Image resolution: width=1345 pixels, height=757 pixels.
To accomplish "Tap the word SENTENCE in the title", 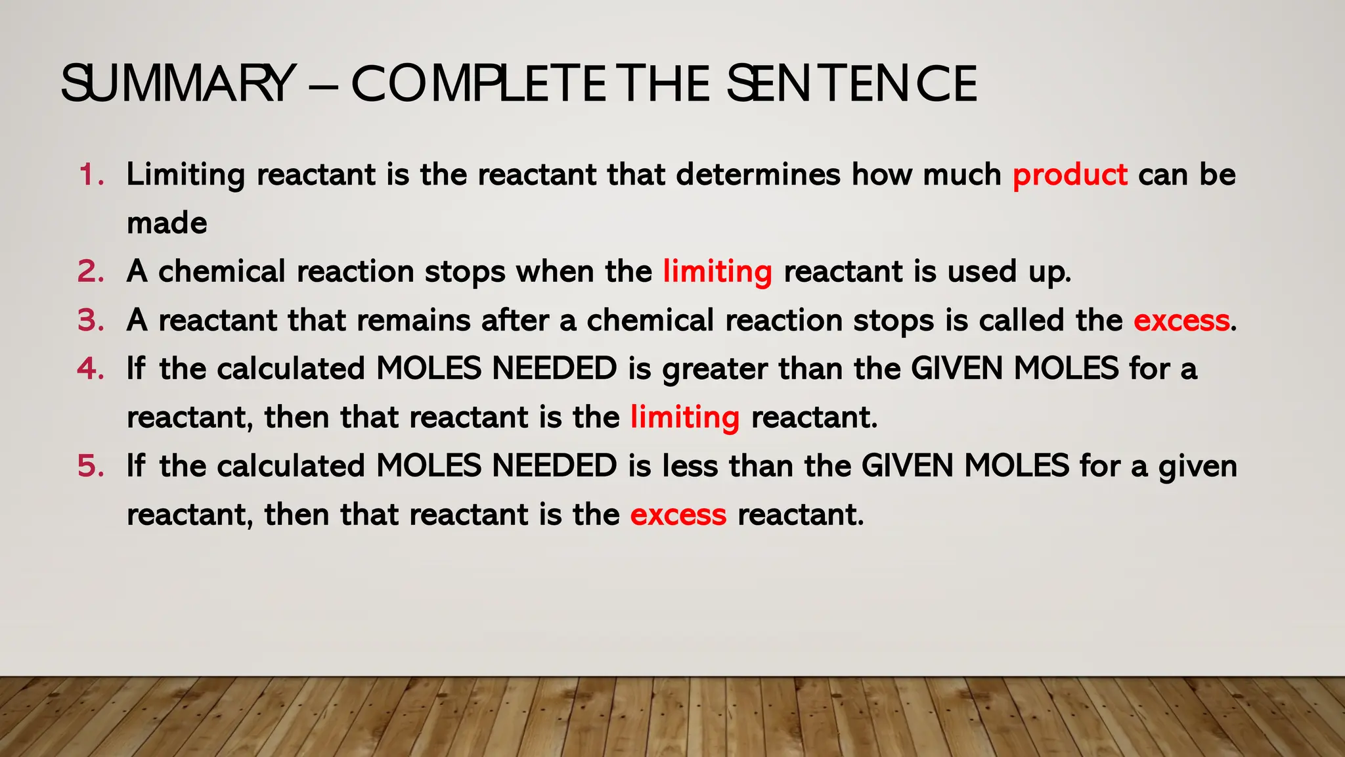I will click(852, 84).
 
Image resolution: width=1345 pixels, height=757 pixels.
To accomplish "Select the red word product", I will click(1070, 175).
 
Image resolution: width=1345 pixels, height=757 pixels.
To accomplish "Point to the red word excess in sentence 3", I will click(1181, 321).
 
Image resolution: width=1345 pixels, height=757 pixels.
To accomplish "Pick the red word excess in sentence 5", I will click(678, 515).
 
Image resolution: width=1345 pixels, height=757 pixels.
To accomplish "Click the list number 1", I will click(91, 175).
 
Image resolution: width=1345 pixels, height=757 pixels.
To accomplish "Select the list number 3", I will click(91, 321).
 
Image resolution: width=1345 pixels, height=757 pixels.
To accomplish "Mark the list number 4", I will click(91, 369).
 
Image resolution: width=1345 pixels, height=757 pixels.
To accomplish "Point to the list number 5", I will click(91, 466).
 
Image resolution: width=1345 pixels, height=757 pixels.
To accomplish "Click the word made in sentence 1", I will click(167, 223).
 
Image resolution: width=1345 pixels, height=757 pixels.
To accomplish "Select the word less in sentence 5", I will click(690, 466).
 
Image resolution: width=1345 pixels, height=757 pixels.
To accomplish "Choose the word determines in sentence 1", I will click(758, 175).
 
